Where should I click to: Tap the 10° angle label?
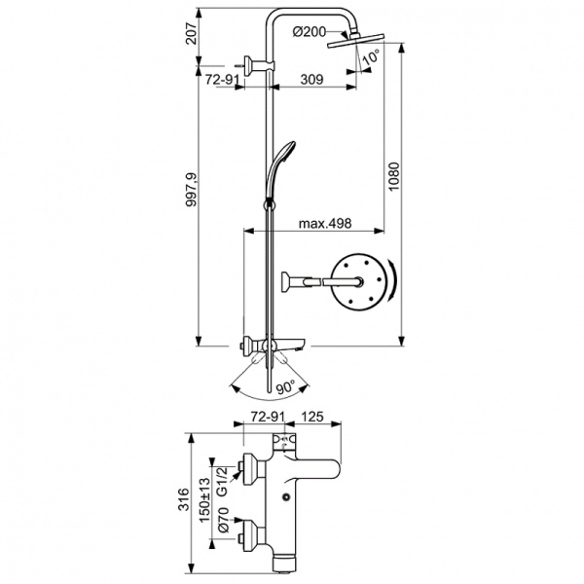coord(370,58)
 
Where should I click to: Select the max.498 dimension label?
coord(324,223)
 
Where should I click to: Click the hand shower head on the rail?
coord(282,156)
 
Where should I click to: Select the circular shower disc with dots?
coord(358,282)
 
